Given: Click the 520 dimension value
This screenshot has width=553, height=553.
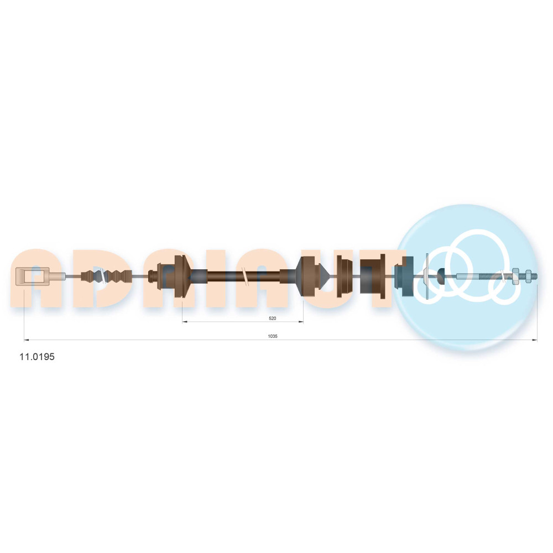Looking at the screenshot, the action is coord(272,318).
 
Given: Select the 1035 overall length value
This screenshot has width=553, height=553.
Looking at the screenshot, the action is coord(273,336).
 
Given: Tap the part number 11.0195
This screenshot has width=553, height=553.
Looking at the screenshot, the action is coord(37,357).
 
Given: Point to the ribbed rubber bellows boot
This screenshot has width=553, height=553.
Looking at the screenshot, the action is coord(107,276).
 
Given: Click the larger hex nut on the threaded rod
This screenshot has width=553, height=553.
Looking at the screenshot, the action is coord(514,276).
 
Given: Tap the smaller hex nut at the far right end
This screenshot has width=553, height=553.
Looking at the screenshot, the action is coord(528,276).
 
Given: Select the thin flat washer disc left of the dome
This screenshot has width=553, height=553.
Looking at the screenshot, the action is coord(427,276).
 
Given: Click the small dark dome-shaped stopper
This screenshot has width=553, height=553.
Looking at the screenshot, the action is coord(441,276).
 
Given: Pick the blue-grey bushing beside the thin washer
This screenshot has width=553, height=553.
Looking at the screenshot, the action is coord(404,276).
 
